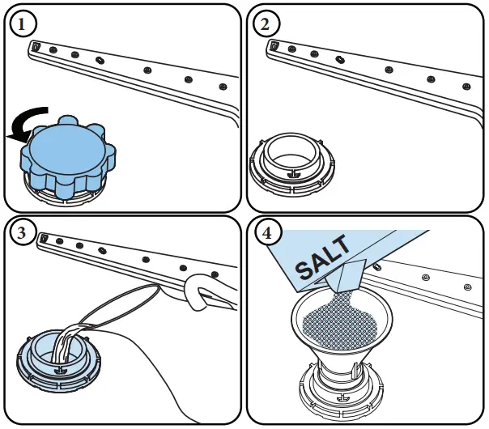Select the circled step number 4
pos(265,236)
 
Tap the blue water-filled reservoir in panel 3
pos(57,356)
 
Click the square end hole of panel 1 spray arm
pos(35,47)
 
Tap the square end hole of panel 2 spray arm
pos(274,46)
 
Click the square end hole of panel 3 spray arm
pos(45,238)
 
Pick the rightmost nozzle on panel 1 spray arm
pos(223,86)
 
